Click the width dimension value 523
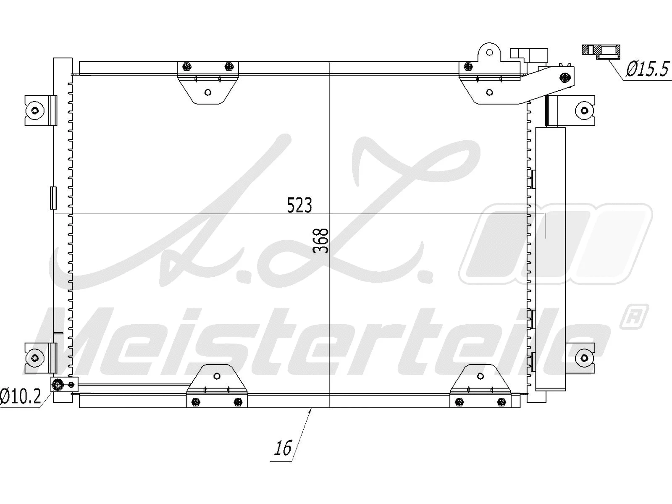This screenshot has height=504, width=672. (299, 205)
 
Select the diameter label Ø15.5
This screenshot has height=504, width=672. (647, 69)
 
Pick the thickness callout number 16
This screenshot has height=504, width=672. (283, 448)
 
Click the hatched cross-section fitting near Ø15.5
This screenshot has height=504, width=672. (601, 52)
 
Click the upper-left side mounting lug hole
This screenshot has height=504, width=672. (35, 110)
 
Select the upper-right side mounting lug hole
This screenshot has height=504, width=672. (584, 110)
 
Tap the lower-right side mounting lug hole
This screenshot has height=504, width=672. (584, 358)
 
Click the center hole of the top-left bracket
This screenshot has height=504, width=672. (207, 92)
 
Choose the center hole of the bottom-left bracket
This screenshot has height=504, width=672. (217, 376)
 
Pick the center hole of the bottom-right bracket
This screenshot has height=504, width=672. (480, 376)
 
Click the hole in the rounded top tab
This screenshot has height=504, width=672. (489, 52)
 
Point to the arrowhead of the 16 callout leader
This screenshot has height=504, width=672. (310, 410)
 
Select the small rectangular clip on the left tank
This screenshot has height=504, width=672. (53, 198)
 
